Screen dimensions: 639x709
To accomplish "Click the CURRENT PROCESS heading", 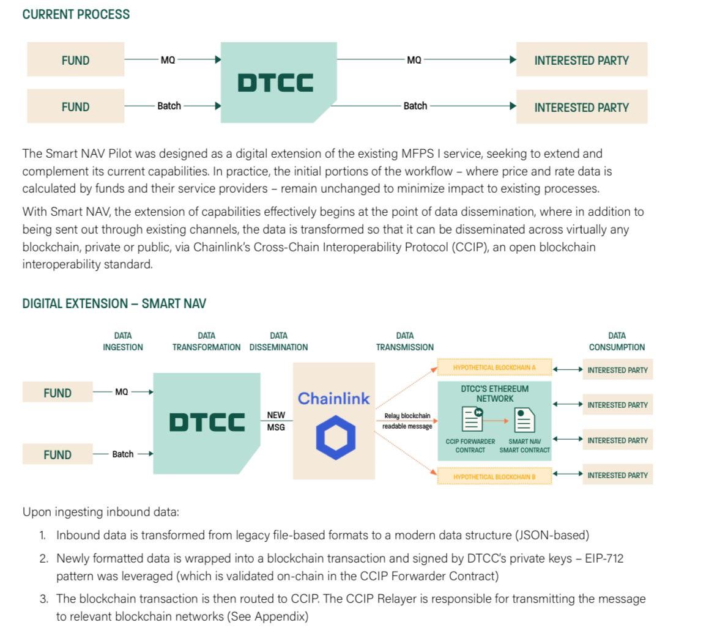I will point(76,14).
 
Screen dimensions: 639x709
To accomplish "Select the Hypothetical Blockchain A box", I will point(494,368).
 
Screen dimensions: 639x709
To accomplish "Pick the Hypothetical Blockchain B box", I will point(494,476).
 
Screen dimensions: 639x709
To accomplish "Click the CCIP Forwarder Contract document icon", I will point(471,419).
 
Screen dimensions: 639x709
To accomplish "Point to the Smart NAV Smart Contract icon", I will point(524,420).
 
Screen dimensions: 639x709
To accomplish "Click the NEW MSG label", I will point(276,421).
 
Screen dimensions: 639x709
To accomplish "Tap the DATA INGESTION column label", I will point(123,341).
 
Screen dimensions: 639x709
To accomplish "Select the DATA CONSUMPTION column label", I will point(617,341).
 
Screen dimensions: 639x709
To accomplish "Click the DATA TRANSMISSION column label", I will point(404,341).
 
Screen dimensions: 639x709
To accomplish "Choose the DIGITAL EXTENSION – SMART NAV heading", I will point(114,304).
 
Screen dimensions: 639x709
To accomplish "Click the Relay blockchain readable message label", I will point(407,421).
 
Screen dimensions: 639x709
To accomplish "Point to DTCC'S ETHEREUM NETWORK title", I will point(494,393).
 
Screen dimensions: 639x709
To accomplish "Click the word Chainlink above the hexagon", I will point(333,399).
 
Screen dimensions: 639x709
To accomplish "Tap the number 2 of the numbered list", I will point(43,558).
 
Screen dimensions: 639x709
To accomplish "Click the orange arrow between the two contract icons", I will point(498,420).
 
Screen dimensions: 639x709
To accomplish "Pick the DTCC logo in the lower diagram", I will point(207,422).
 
